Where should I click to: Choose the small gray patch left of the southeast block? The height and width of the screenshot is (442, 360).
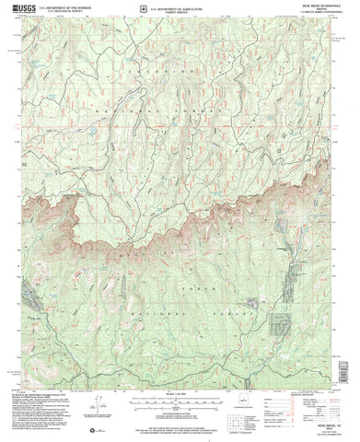click(250, 301)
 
